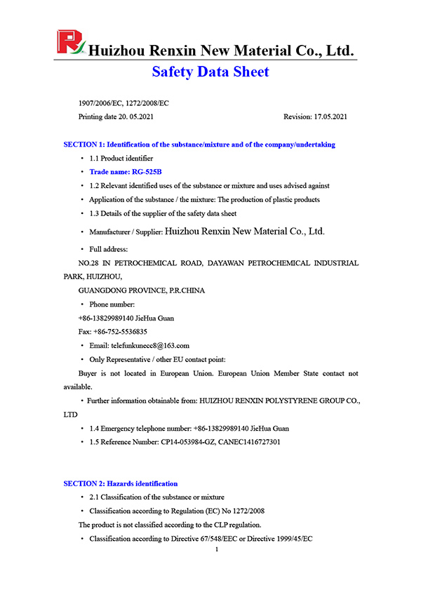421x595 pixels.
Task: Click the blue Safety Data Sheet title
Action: [210, 72]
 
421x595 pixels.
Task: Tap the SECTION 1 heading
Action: [199, 145]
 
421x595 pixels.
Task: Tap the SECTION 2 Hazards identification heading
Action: [120, 483]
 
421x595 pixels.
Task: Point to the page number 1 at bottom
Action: [218, 549]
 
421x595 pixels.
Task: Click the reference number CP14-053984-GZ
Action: [194, 441]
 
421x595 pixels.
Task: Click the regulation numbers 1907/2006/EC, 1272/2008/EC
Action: [123, 103]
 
